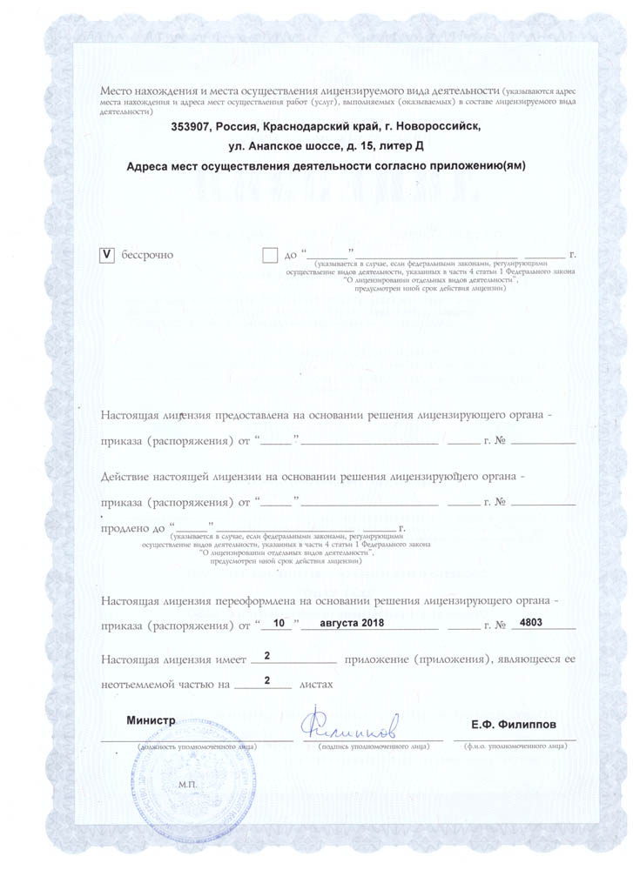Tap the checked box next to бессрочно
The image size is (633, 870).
108,255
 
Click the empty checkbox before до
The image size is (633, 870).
269,255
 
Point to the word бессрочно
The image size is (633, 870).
147,255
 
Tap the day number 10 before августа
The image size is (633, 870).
279,624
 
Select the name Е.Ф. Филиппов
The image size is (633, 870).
510,725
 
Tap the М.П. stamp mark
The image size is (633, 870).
189,784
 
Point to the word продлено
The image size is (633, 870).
126,528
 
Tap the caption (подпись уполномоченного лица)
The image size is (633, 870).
372,746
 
